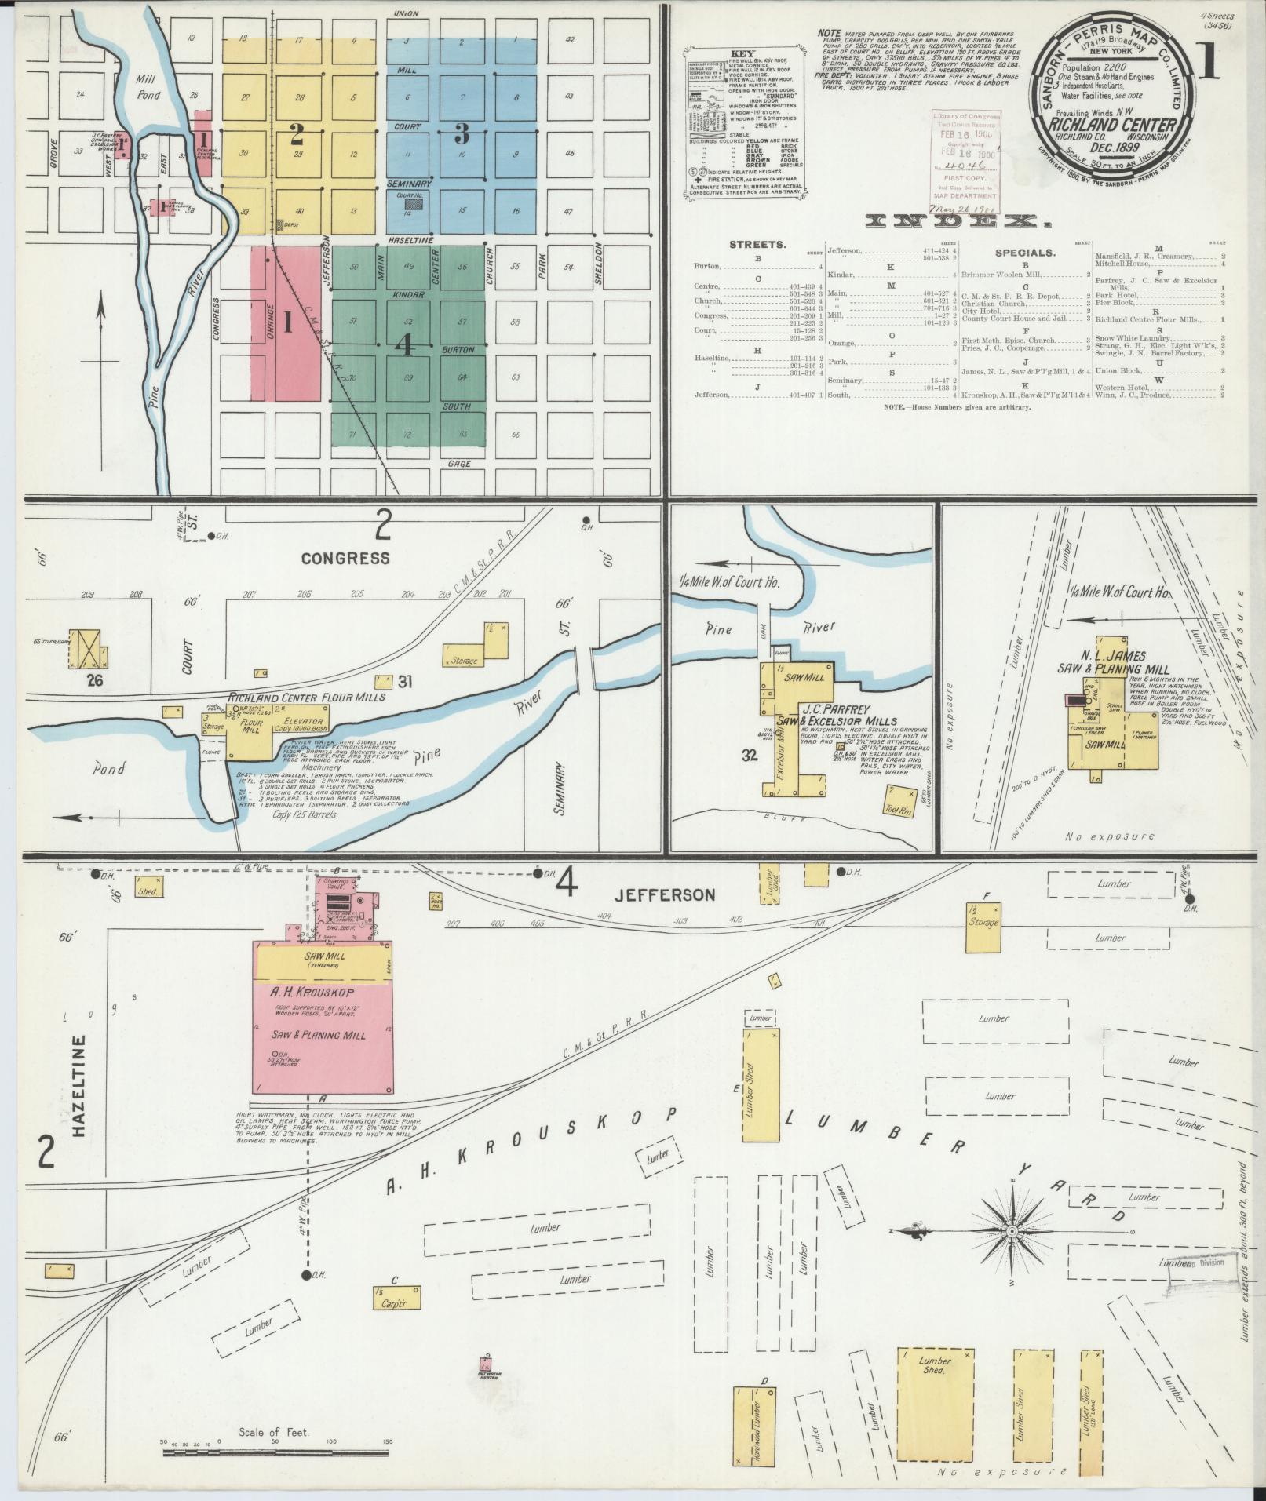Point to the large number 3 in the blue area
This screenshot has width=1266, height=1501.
click(462, 134)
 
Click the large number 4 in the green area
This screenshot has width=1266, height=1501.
click(407, 346)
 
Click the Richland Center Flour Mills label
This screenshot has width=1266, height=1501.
click(307, 697)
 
